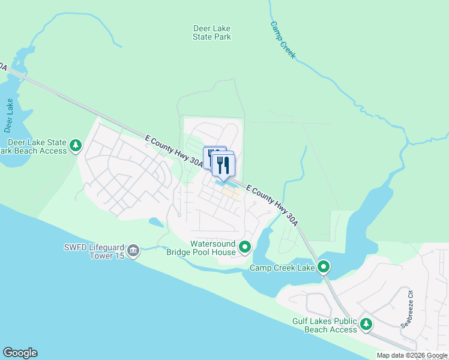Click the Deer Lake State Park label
coord(212,32)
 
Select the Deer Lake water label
coord(9,115)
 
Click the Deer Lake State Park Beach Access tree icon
coord(76,145)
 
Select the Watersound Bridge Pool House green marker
coord(245,247)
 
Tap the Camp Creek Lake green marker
coord(324,266)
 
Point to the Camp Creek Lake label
coord(282,268)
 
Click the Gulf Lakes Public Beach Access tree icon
coord(366,325)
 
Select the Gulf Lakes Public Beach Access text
coord(325,326)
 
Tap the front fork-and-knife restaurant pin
coord(223,164)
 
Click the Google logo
coord(20,353)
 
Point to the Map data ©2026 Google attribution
coord(412,355)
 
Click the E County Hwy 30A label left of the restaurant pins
coord(171,148)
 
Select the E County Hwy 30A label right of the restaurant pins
coord(272,204)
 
